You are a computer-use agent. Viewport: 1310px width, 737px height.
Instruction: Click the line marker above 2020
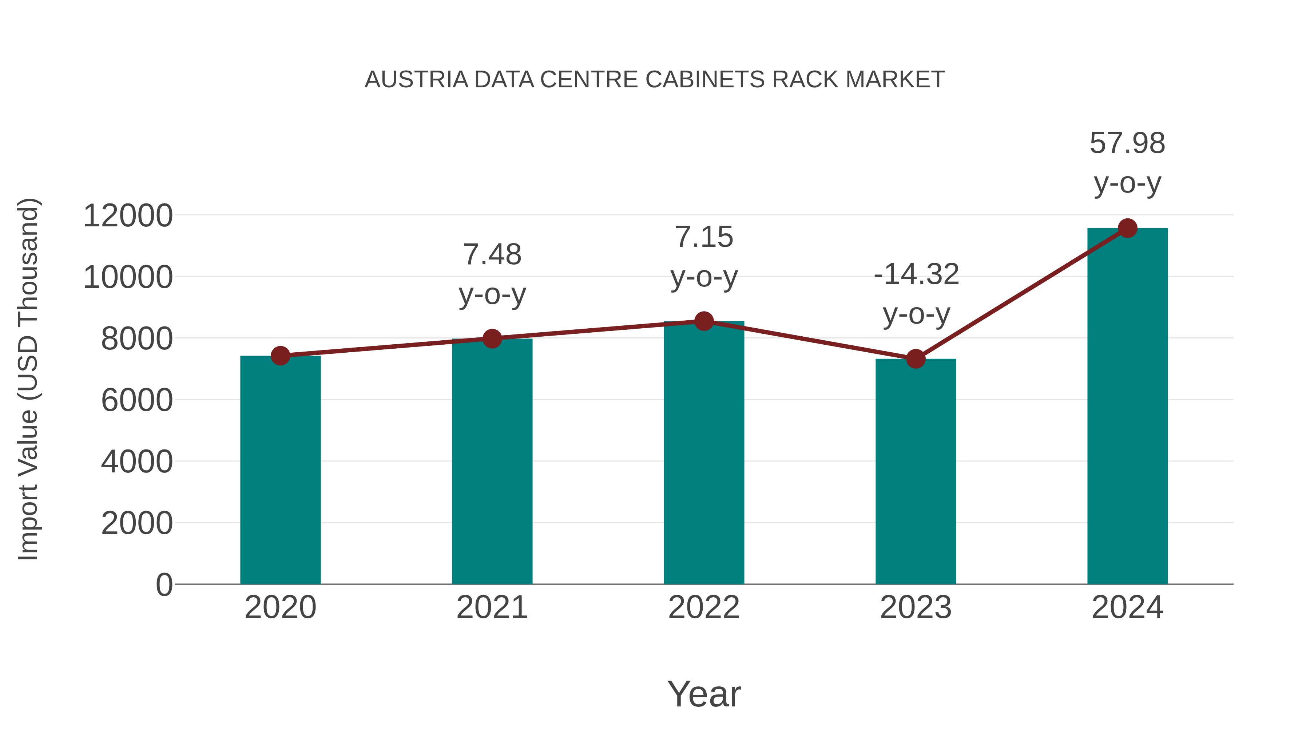[280, 356]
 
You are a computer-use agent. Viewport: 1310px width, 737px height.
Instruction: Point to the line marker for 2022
[704, 321]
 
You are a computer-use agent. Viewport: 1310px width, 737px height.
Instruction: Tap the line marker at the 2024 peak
[1127, 228]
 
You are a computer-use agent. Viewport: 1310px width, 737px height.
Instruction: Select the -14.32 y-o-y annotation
[916, 294]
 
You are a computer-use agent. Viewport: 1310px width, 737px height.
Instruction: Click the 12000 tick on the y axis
[128, 216]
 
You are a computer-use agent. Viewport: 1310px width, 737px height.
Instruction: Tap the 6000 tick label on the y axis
[137, 400]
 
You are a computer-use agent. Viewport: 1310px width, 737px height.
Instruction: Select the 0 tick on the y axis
[164, 585]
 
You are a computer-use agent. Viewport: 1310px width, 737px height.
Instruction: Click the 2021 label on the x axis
[492, 607]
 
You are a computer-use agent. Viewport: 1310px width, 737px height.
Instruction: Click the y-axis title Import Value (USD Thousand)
[28, 379]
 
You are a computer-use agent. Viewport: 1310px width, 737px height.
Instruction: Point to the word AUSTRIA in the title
[417, 80]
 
